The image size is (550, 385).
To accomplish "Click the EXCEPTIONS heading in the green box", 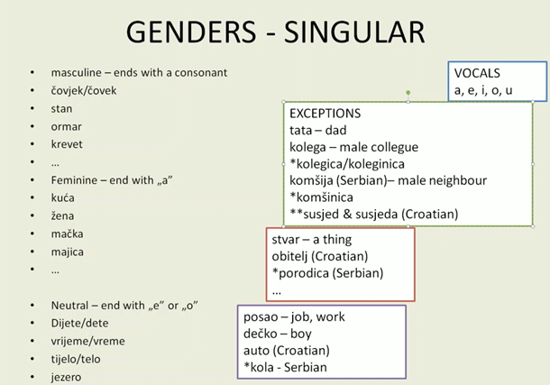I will click(x=325, y=115).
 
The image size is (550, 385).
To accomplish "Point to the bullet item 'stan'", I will click(x=61, y=109).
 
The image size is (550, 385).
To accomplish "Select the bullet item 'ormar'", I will click(x=66, y=127).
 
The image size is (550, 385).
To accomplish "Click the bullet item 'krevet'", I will click(x=68, y=145).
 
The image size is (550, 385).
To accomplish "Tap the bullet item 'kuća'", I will click(x=63, y=197).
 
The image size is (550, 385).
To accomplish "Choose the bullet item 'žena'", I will click(x=63, y=215).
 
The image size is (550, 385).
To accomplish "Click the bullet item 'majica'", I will click(x=68, y=252).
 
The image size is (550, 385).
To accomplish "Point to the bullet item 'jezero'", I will click(x=66, y=376).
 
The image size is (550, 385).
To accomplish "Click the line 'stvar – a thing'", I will click(x=311, y=240).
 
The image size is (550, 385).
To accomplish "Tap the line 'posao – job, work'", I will click(x=294, y=317).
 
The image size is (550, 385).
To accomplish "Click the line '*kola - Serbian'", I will click(x=285, y=367).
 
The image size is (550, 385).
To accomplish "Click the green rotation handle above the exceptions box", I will click(x=408, y=92).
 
